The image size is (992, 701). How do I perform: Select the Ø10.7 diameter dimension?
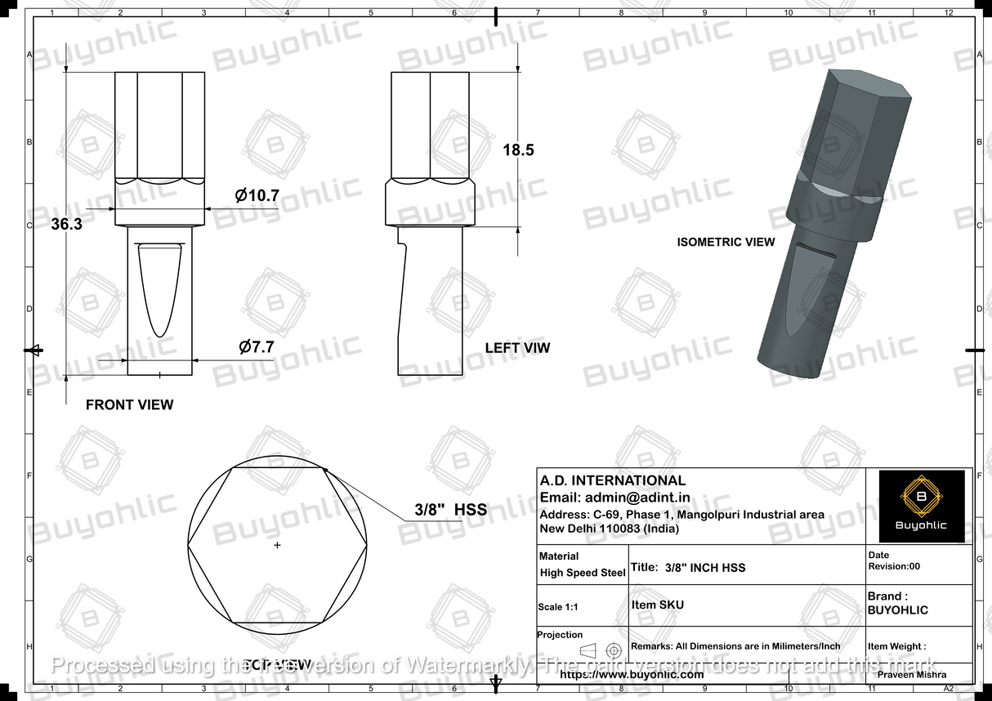[x=257, y=196]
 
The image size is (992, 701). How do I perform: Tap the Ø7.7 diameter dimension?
[x=256, y=346]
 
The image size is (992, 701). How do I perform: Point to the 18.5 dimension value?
[x=518, y=150]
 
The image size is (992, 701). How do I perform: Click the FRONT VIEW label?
[x=129, y=404]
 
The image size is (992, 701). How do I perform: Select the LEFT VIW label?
[x=517, y=348]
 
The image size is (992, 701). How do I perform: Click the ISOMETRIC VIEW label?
[x=726, y=242]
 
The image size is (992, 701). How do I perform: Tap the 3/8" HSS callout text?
[x=451, y=510]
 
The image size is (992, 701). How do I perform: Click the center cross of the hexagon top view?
[x=277, y=544]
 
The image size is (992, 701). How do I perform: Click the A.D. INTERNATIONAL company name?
[x=613, y=480]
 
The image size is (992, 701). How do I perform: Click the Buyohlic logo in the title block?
[x=921, y=506]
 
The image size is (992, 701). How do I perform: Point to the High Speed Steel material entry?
[x=583, y=573]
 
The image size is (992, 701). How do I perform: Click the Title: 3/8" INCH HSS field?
[x=688, y=568]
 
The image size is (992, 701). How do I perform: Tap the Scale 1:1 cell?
[x=561, y=607]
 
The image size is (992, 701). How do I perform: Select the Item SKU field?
[x=658, y=605]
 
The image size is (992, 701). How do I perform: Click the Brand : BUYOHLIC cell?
[x=897, y=603]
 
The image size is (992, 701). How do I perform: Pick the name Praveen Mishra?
[x=911, y=675]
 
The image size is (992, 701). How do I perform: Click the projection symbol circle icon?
[x=614, y=650]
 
